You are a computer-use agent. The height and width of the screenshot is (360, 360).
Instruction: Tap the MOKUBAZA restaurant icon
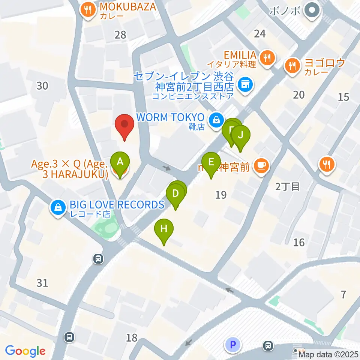88,10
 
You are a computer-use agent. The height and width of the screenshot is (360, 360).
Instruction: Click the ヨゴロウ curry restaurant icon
292,66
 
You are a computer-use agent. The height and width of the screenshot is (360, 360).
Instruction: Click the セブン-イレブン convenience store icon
245,85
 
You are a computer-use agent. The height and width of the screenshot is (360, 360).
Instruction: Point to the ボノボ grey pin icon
311,10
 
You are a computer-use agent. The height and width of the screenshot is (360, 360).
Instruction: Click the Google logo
25,351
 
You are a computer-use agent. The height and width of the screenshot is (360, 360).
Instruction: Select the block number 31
42,282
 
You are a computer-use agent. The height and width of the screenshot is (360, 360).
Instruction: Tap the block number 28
120,35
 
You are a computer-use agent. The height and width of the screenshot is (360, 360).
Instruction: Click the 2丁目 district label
288,186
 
